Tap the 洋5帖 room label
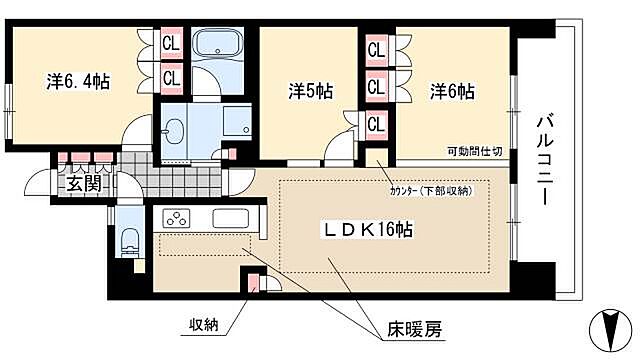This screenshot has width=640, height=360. [309, 91]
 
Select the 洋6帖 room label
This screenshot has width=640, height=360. [451, 91]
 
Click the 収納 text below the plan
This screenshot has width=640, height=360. [206, 324]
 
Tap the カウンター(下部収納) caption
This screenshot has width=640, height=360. [431, 190]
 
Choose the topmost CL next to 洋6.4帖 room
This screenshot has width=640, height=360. [171, 44]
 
